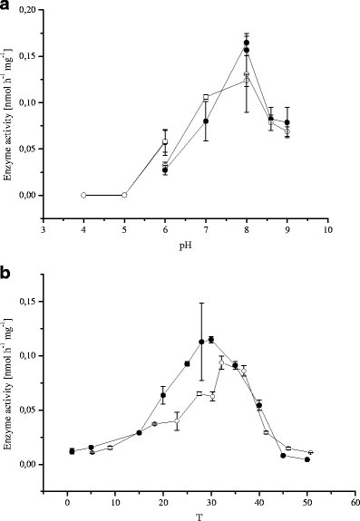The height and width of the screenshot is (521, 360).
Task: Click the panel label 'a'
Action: coord(6,6)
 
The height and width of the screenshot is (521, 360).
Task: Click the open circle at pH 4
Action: coord(83,195)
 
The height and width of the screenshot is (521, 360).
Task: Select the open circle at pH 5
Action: coord(124,195)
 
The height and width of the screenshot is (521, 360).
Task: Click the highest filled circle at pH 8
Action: coord(247,43)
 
